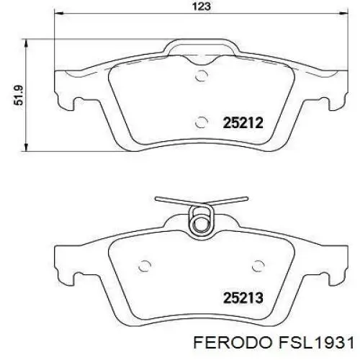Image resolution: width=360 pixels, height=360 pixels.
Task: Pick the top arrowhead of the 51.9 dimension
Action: pos(27,36)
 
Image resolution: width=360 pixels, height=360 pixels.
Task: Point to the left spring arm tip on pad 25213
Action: pos(158,194)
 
